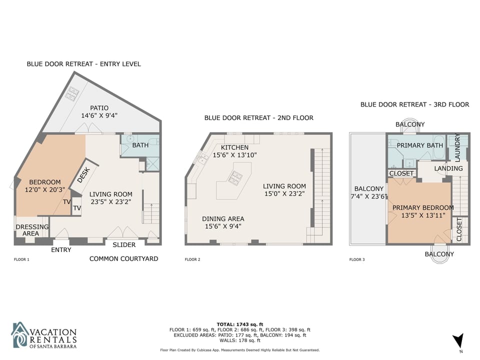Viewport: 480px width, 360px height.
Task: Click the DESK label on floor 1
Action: pos(83,175)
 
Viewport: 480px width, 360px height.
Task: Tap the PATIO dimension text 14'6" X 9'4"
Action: pos(99,115)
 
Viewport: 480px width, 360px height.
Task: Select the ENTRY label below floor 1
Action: pos(61,250)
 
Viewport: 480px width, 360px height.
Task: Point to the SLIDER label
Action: pos(124,245)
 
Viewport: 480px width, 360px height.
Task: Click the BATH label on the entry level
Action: pos(140,145)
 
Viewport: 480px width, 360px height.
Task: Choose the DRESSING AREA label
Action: pos(32,230)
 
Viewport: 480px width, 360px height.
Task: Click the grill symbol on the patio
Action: pos(73,93)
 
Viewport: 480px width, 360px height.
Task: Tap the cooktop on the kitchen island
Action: pos(235,178)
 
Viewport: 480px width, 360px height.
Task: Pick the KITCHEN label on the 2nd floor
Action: pos(234,147)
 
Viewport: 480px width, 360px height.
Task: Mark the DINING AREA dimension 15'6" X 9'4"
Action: pos(223,226)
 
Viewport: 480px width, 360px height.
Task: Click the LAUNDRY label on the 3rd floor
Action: pos(457,147)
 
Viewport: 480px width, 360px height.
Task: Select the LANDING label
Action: pos(448,168)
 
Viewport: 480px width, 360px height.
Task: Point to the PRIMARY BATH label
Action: pos(419,145)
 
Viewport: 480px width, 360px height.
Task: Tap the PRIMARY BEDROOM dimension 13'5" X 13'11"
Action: pos(423,215)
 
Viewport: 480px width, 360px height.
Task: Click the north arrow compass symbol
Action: pos(458,340)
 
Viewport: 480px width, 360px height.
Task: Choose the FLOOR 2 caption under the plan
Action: pos(192,259)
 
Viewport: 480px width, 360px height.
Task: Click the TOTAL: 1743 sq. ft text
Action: pos(239,324)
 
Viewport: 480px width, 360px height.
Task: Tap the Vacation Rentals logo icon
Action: pos(20,334)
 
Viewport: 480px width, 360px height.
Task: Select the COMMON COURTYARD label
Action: pos(123,258)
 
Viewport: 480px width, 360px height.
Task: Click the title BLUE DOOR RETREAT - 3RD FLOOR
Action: pos(414,104)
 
